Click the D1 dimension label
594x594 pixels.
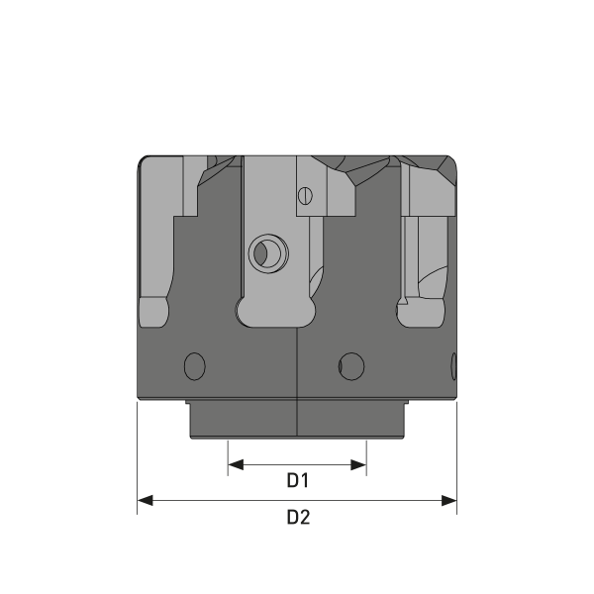[298, 481]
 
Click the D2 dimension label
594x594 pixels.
[298, 517]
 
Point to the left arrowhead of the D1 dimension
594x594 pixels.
[234, 463]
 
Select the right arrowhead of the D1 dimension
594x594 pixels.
[361, 463]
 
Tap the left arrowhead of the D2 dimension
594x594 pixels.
[143, 500]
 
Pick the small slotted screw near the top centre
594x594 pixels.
[306, 195]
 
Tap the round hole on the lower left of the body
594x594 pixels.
[195, 364]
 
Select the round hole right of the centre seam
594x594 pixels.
[349, 364]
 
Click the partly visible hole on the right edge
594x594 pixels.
[453, 364]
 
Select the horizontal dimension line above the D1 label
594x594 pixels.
[297, 463]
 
